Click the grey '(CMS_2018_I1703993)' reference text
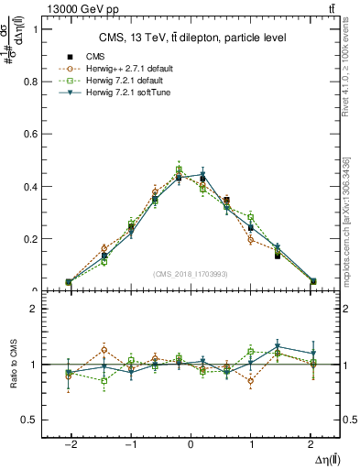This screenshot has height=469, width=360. (190, 274)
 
